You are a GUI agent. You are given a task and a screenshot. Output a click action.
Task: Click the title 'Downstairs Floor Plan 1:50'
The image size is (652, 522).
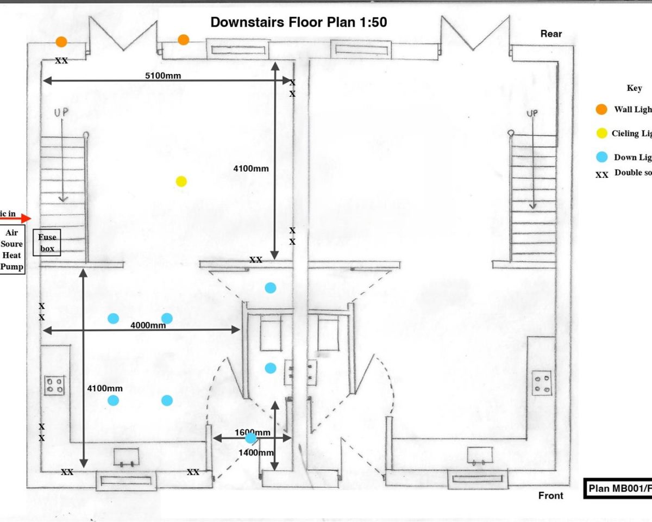[298, 22]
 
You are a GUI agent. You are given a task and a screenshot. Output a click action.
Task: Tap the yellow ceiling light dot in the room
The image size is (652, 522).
[181, 181]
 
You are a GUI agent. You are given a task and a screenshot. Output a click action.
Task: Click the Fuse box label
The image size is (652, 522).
[47, 243]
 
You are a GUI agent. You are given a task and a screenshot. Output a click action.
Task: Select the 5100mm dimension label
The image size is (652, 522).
[163, 76]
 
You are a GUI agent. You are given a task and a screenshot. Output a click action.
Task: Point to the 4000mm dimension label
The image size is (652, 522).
[148, 325]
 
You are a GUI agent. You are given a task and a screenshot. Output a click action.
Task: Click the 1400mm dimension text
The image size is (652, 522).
[256, 452]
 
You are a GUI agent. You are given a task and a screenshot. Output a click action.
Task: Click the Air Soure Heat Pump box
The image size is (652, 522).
[12, 250]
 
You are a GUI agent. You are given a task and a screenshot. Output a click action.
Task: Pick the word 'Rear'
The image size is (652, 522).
[551, 34]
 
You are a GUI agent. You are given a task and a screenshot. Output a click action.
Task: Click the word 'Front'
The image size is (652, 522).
[550, 495]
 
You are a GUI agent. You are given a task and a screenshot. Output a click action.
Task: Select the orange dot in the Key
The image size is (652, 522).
[601, 109]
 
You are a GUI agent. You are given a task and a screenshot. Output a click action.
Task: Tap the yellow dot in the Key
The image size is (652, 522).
[601, 133]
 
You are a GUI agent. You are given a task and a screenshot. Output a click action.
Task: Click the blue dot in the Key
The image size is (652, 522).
[601, 157]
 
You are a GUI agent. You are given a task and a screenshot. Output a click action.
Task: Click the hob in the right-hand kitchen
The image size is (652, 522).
[542, 383]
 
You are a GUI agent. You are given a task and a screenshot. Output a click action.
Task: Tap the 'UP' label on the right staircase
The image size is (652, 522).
[532, 113]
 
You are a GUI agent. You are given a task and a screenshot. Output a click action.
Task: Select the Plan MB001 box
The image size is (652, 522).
[618, 488]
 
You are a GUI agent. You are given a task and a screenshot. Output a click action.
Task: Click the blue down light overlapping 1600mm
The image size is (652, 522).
[250, 438]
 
